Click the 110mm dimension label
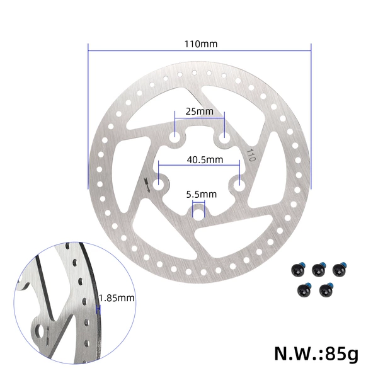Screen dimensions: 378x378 (201, 44)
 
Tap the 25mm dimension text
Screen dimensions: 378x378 (199, 112)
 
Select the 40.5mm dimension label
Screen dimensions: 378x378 (205, 159)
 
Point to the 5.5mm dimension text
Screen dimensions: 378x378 (202, 194)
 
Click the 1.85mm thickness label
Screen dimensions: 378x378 (117, 298)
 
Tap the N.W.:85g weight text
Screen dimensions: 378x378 (316, 353)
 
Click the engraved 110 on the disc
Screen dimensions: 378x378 (251, 155)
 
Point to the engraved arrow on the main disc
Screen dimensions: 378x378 (147, 185)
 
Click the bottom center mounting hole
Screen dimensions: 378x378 (198, 214)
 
